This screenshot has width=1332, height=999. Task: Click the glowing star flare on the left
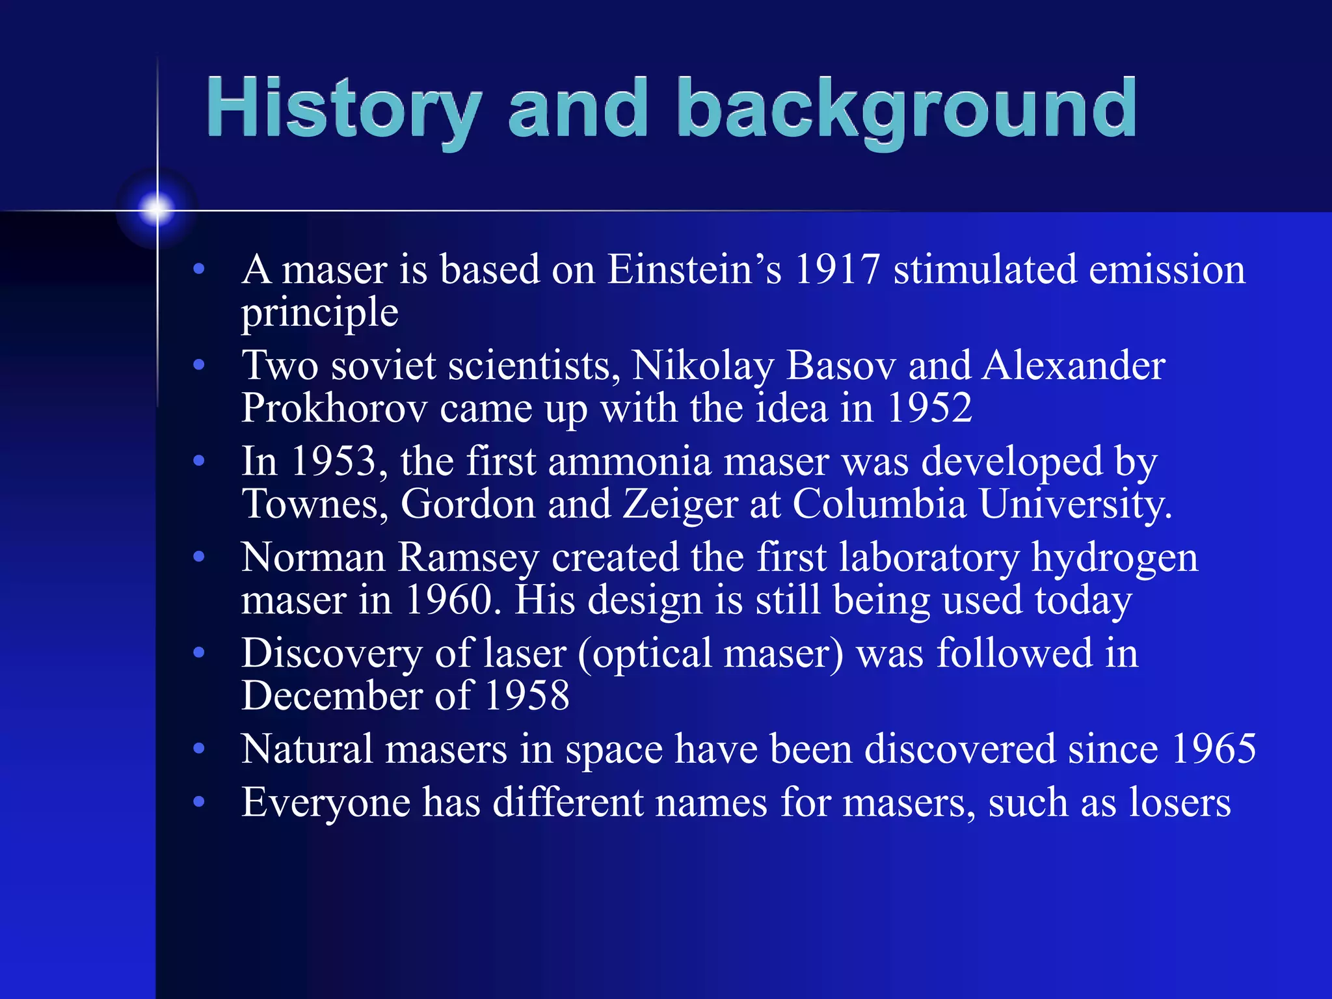click(157, 209)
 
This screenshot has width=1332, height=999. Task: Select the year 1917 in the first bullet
click(838, 269)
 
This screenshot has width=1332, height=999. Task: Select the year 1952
click(929, 408)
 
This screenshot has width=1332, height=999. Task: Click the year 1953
click(333, 462)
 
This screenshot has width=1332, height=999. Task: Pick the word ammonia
click(630, 462)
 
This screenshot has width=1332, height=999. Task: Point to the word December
click(332, 696)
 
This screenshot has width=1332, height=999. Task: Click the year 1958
click(527, 696)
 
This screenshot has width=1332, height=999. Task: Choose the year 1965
click(1214, 749)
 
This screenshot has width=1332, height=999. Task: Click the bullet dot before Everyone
click(199, 802)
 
